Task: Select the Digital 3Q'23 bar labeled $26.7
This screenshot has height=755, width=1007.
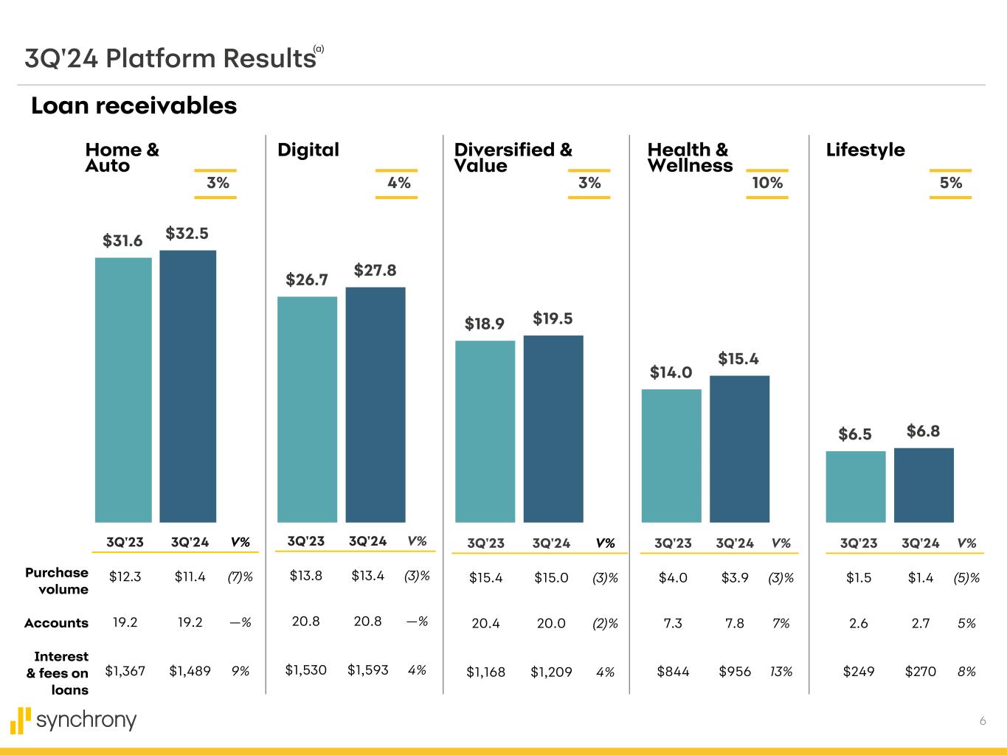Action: coord(307,409)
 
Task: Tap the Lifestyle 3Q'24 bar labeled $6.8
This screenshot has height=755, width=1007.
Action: coord(924,485)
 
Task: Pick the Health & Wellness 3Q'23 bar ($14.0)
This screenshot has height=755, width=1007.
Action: coord(671,456)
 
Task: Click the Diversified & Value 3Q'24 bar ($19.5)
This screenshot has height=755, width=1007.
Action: coord(553,428)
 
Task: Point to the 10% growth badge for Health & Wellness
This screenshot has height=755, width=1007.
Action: coord(767,184)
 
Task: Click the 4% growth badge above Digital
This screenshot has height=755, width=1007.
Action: coord(398,183)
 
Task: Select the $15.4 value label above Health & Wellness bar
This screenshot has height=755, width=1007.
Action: coord(738,359)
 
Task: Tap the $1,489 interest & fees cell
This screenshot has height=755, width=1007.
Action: coord(190,671)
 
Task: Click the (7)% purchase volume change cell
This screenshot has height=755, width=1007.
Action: coord(240,577)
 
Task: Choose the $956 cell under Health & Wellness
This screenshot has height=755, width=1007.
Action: coord(735,672)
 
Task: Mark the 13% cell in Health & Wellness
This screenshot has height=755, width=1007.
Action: coord(781,672)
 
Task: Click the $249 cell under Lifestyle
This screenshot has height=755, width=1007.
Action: coord(859,672)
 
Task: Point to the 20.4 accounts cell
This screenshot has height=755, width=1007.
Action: coord(485,624)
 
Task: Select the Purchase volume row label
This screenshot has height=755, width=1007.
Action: coord(57,581)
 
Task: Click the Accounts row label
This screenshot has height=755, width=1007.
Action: coord(56,623)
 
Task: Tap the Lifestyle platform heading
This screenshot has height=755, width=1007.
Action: coord(865,150)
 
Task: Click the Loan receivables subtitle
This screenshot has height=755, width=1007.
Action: coord(134,106)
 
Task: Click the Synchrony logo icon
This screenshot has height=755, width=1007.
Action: coord(21,720)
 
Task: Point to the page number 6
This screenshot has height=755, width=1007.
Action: coord(983,721)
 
